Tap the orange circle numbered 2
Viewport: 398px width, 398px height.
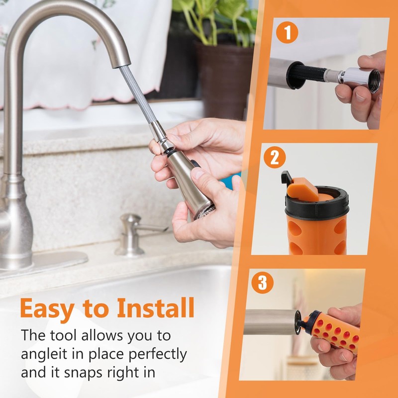(275, 158)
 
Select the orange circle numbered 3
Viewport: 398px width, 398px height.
(262, 283)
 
